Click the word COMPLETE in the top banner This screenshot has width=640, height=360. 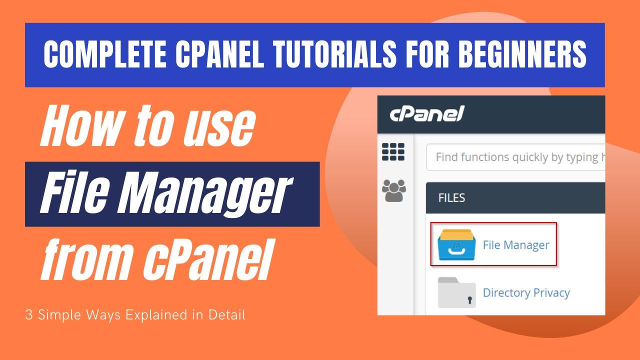[105, 54]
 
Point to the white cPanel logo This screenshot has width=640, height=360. [427, 114]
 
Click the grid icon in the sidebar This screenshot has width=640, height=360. [393, 151]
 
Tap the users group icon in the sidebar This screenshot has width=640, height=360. [393, 190]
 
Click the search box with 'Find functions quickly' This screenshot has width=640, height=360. [515, 157]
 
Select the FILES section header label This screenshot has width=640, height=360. [451, 198]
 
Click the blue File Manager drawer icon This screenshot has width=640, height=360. [456, 245]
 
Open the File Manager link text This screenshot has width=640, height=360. [516, 245]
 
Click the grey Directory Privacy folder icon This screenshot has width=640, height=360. [457, 292]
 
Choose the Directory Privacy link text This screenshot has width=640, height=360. [526, 293]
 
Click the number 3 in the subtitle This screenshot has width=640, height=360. [28, 315]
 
